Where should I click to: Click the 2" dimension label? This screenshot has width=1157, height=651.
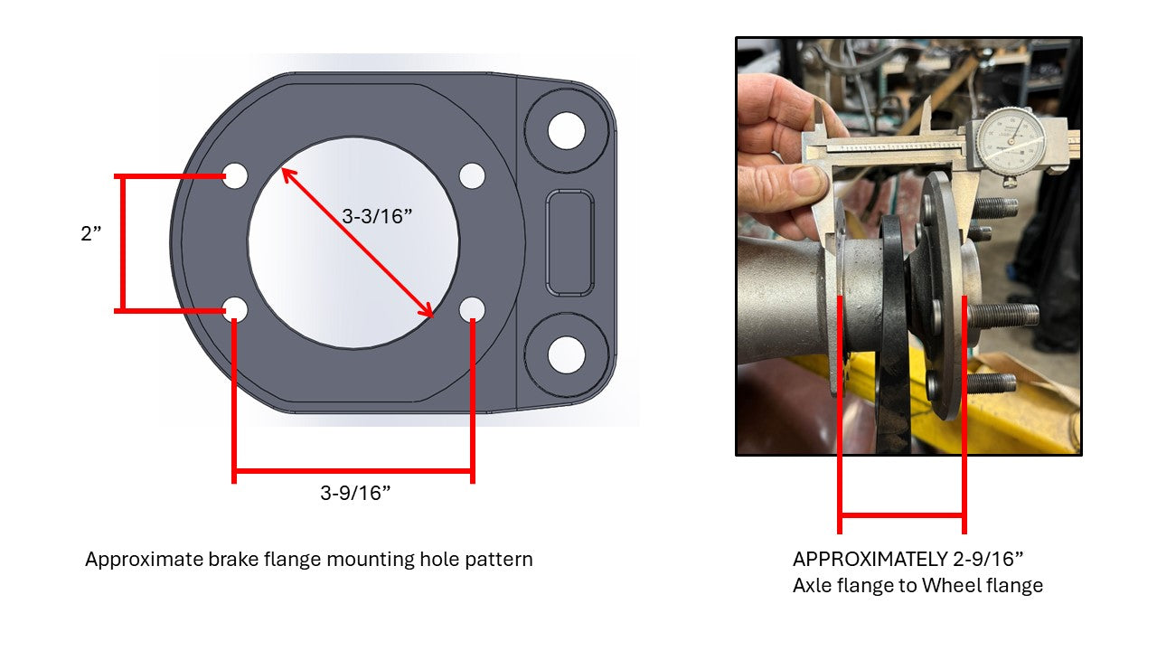[91, 233]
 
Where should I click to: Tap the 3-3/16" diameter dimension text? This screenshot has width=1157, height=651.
[377, 216]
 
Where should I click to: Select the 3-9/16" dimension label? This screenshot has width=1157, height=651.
[355, 493]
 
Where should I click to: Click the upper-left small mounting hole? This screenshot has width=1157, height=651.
[235, 175]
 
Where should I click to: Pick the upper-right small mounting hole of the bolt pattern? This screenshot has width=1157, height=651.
[472, 175]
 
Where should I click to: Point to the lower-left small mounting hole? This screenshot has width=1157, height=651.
[236, 309]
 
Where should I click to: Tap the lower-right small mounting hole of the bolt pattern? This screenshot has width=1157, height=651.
[472, 309]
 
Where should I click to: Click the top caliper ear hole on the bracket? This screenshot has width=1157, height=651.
[566, 131]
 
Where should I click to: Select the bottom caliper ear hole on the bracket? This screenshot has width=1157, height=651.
[566, 355]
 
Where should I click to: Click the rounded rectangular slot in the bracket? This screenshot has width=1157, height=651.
[569, 243]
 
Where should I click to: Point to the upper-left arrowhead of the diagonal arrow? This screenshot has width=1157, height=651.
[287, 175]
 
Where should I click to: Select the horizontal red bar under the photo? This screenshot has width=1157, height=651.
[902, 515]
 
